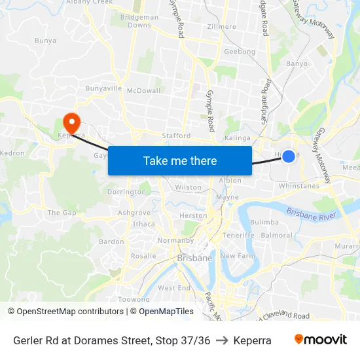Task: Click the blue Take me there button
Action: (x=180, y=160)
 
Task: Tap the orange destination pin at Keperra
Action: (x=71, y=122)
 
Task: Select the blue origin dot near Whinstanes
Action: (x=288, y=156)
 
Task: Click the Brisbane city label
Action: (x=194, y=258)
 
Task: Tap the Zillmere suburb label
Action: (x=221, y=27)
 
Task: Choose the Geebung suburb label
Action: (x=240, y=52)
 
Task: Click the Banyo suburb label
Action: (x=297, y=64)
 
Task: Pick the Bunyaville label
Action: (x=103, y=88)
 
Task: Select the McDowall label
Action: (x=143, y=90)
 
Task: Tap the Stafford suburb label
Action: (x=176, y=136)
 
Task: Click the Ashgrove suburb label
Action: (x=134, y=213)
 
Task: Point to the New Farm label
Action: (x=237, y=256)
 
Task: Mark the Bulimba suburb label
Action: (x=264, y=223)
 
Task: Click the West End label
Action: (x=174, y=288)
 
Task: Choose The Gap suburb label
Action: (x=62, y=213)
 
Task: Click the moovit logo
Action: (x=321, y=340)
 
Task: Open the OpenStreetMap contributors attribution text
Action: (x=70, y=312)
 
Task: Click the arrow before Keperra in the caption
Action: (x=222, y=340)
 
